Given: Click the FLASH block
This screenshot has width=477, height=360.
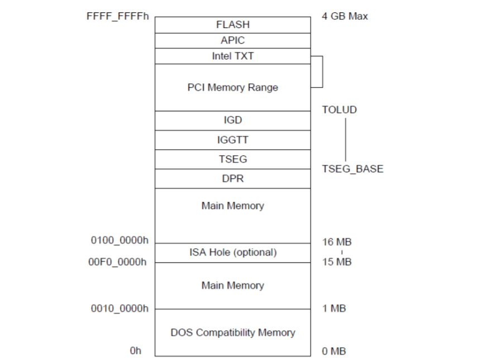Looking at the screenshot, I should [x=232, y=25].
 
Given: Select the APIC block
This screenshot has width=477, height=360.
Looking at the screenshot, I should [x=232, y=40].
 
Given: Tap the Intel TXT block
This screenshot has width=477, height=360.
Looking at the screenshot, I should [x=232, y=56].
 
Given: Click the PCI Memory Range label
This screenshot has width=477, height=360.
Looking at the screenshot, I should [x=232, y=87].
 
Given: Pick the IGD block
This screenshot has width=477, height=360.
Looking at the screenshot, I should [x=232, y=120].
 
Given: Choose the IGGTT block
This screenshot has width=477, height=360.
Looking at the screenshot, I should [x=232, y=140].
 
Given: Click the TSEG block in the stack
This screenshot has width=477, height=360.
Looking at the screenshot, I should [x=232, y=159].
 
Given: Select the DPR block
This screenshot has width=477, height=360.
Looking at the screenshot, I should [x=232, y=179].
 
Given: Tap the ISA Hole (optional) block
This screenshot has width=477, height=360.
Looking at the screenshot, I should [x=232, y=253].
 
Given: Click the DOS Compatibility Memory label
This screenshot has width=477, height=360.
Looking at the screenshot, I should [x=232, y=333].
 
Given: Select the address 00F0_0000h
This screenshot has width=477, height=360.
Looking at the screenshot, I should [x=118, y=262].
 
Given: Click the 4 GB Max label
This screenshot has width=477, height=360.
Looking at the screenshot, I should [x=345, y=16].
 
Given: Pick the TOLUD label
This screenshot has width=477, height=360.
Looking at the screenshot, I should [x=339, y=110].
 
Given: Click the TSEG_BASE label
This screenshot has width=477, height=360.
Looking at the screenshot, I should [x=352, y=169].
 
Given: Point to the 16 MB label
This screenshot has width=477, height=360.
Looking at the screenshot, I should [x=337, y=242].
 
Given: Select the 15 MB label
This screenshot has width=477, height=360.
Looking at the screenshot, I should [x=337, y=262].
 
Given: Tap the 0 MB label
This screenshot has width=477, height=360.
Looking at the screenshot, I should [x=334, y=351].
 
